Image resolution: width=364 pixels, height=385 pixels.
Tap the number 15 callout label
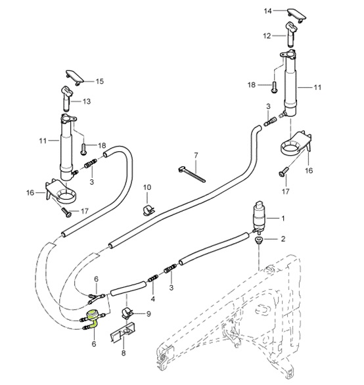[100, 81]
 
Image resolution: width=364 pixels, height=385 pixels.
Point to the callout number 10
[147, 188]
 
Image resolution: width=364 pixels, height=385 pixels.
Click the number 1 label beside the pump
[284, 218]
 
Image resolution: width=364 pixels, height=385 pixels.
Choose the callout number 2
[284, 238]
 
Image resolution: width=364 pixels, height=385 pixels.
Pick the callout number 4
[152, 298]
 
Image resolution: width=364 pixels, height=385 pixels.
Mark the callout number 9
[148, 314]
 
